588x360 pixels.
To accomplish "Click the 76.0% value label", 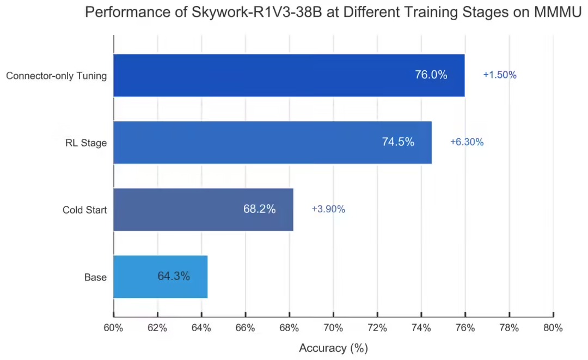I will point(431,75).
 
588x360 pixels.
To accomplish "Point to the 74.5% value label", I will point(398,142).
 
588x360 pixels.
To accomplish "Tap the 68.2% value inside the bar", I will point(259,209).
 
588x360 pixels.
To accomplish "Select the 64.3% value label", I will point(174,276).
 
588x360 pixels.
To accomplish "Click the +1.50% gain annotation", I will point(499,75).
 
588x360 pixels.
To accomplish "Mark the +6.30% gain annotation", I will point(467,142).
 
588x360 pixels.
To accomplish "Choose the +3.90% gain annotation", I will point(328,209).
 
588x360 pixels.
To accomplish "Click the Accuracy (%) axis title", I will point(333,348).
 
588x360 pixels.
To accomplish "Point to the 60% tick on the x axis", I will point(113,328).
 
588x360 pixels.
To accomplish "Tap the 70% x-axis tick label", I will point(333,328).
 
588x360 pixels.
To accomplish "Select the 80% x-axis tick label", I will point(553,328).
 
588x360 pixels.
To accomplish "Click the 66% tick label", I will point(245,328).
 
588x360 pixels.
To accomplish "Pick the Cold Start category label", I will point(84,210).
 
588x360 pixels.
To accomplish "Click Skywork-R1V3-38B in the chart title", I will point(236,13).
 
